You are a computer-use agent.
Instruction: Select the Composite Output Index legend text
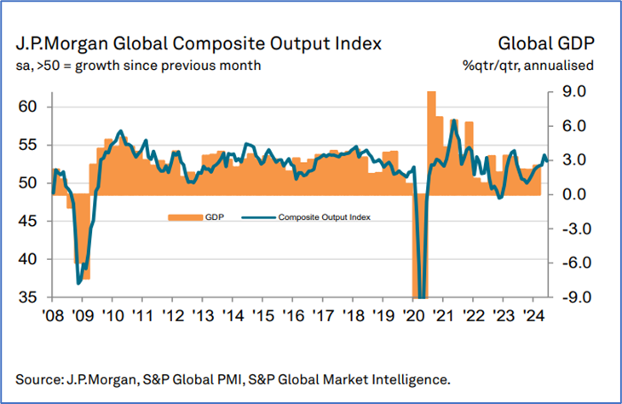[327, 217]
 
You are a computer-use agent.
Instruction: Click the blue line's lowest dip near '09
[78, 282]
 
